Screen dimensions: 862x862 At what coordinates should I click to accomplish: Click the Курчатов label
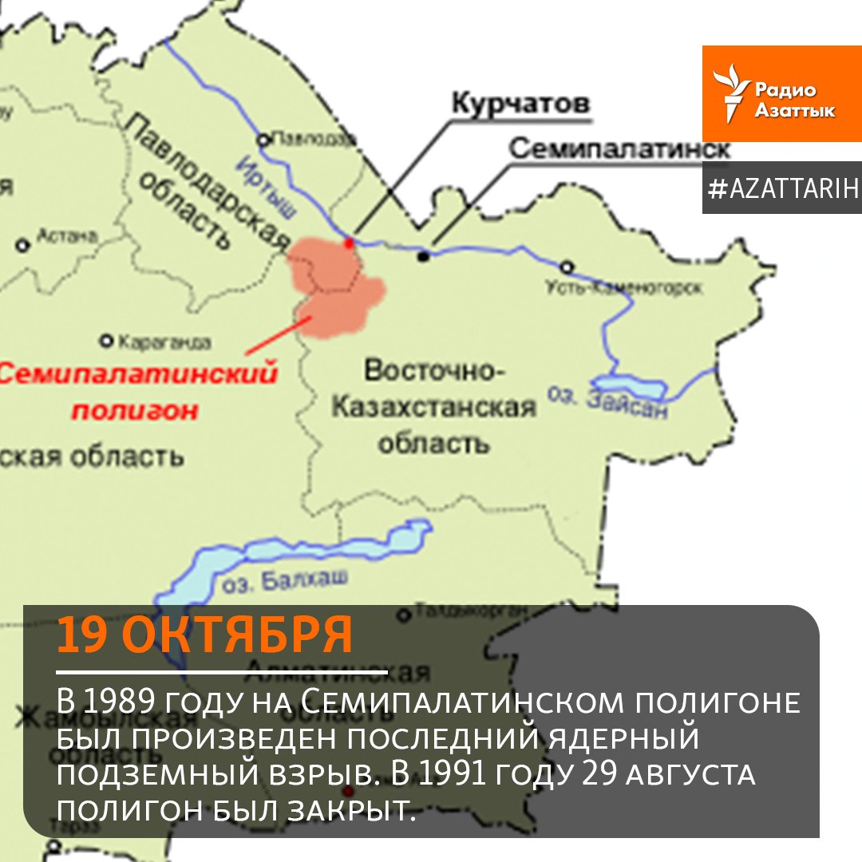[x=520, y=103]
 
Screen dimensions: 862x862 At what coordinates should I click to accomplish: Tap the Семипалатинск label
[x=619, y=148]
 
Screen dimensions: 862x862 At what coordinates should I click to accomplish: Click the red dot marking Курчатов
[x=348, y=242]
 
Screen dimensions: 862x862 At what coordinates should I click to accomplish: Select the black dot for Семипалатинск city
[x=423, y=255]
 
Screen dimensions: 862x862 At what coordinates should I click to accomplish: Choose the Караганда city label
[x=164, y=343]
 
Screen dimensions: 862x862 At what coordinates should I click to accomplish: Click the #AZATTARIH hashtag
[x=782, y=188]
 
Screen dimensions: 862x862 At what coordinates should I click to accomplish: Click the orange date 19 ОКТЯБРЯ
[x=205, y=636]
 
